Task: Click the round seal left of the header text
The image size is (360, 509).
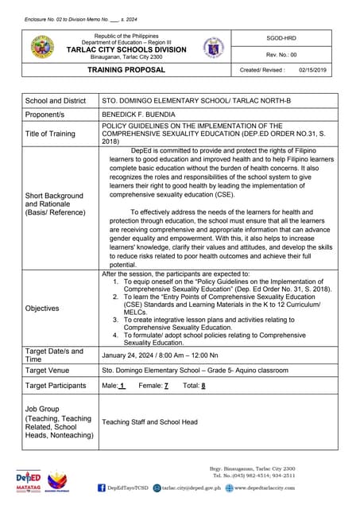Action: [42, 48]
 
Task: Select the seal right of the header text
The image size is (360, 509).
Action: [213, 47]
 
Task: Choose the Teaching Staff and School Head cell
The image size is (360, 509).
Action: [149, 422]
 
